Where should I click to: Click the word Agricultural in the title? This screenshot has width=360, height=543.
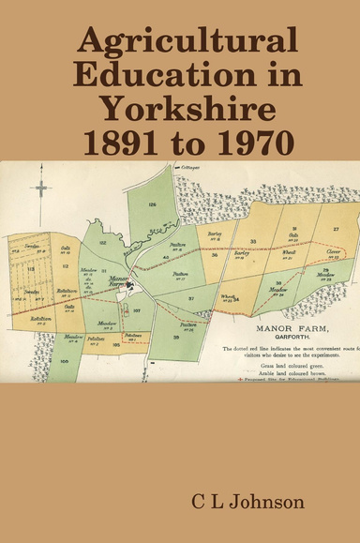tap(188, 43)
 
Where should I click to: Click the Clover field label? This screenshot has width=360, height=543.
tap(332, 250)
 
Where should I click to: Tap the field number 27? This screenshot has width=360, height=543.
tap(335, 227)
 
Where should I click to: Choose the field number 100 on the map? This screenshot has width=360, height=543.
tap(65, 360)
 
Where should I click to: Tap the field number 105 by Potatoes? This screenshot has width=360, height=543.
tap(117, 344)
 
